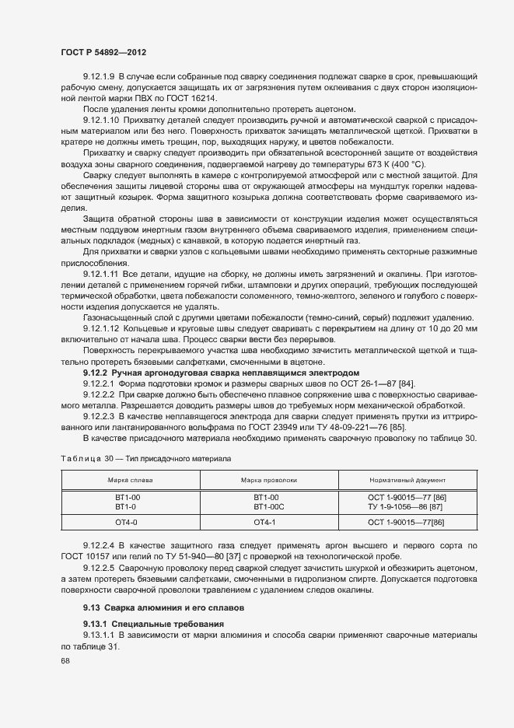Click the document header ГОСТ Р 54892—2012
click(x=103, y=52)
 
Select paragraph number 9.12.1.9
click(x=99, y=79)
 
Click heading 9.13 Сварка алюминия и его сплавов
click(x=163, y=605)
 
